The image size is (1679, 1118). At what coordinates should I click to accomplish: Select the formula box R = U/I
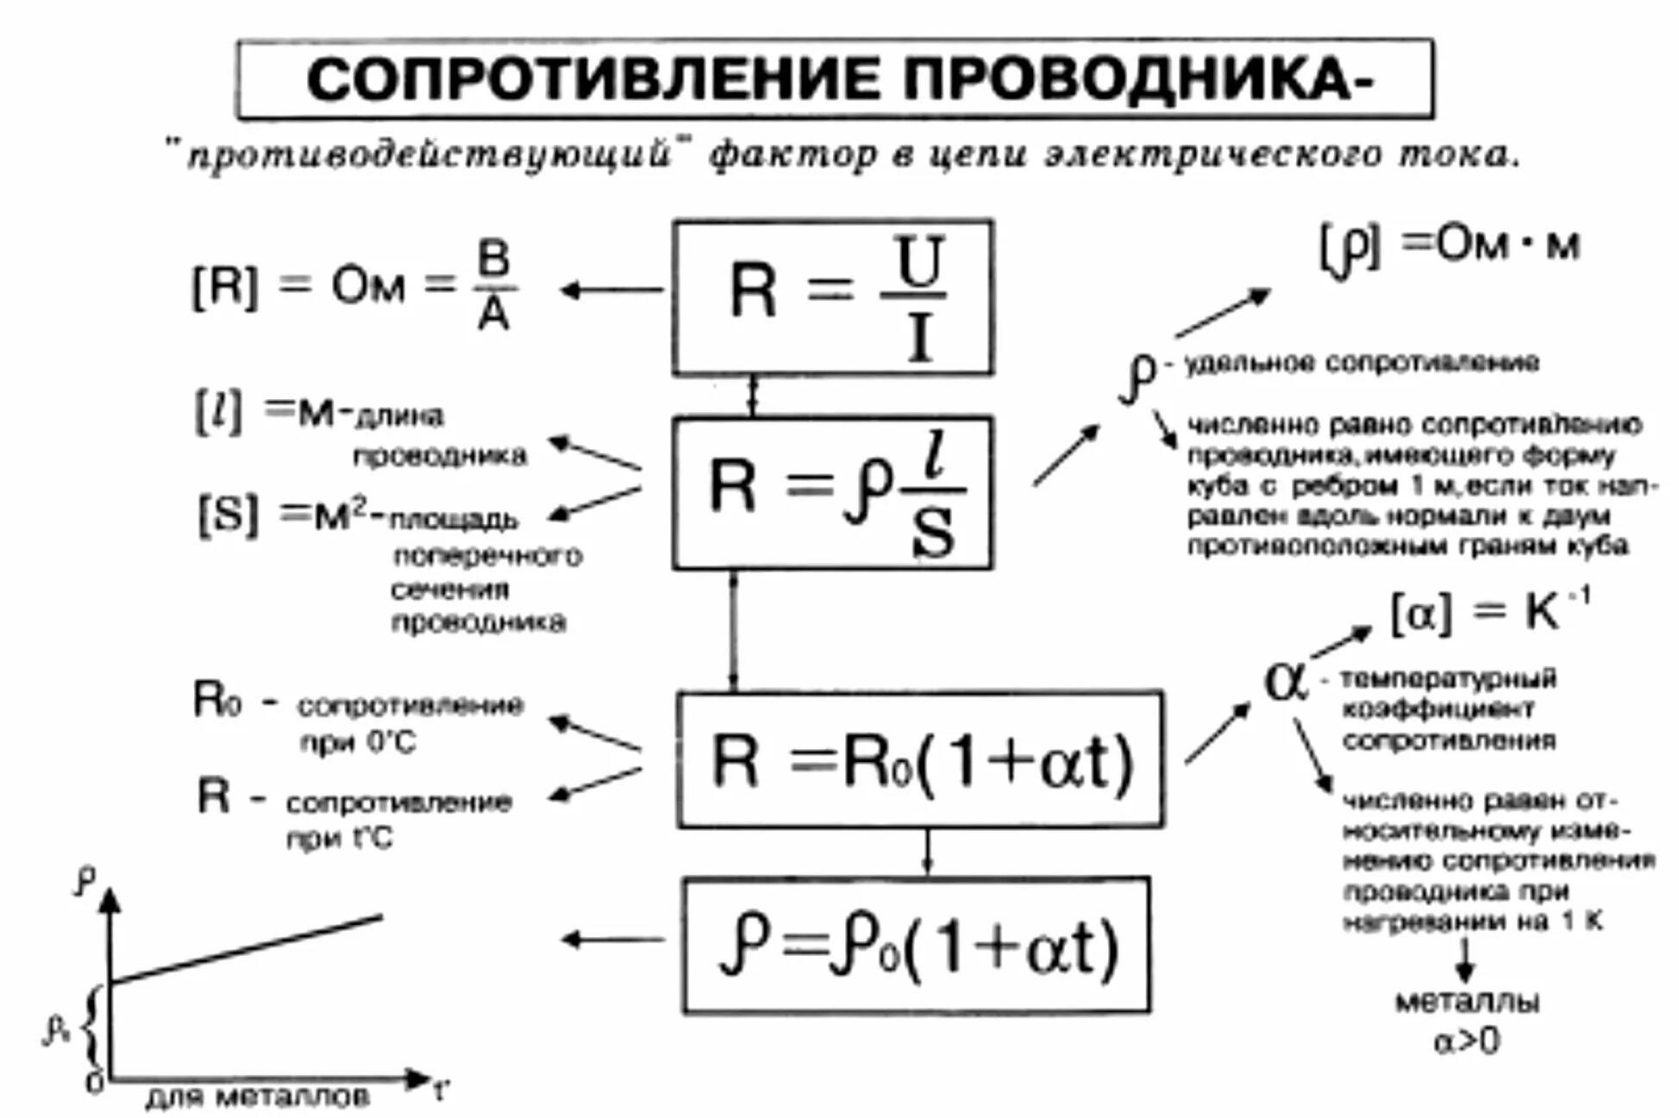(x=833, y=297)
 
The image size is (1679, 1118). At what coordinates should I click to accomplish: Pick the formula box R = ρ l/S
(x=833, y=493)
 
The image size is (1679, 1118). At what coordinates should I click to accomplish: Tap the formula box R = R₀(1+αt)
(x=919, y=759)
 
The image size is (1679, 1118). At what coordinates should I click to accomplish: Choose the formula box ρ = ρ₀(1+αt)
(x=917, y=946)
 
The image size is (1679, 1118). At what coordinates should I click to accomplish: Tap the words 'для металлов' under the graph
(x=258, y=1097)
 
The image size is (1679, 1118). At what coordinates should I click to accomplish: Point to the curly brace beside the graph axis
(x=91, y=1027)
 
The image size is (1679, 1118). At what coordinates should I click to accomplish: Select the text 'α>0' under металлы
(x=1466, y=1042)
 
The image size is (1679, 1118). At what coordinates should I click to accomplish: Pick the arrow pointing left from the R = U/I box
(x=611, y=290)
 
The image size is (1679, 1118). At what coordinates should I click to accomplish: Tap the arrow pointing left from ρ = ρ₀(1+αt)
(x=612, y=939)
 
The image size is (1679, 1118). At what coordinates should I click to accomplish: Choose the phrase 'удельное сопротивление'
(x=1362, y=363)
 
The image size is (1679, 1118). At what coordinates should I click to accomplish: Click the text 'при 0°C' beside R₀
(x=358, y=742)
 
